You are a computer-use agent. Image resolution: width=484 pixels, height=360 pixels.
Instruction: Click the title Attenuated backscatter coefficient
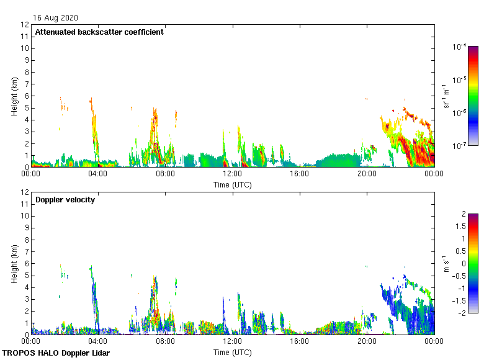pos(99,32)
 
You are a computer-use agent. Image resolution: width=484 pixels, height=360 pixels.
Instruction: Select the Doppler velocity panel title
pos(65,200)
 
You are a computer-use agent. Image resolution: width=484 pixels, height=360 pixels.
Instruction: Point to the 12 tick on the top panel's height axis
pos(25,25)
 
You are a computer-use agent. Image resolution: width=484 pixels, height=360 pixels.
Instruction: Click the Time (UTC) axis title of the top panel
pos(233,184)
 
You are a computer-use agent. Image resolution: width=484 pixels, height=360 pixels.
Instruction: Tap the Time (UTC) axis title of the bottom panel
pos(233,352)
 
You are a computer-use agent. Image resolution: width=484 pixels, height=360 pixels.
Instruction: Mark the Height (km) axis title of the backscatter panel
pos(14,97)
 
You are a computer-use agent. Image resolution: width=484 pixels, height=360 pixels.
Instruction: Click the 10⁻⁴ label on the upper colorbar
pos(460,47)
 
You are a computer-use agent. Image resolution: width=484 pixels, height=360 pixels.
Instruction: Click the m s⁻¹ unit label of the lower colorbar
pos(447,263)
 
